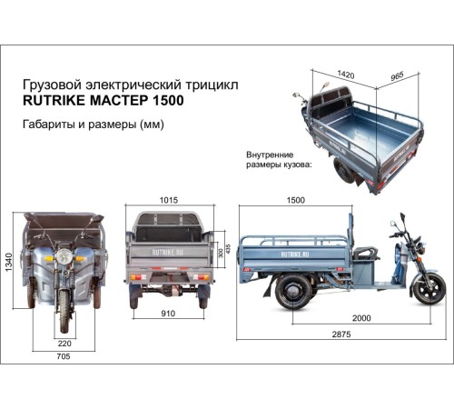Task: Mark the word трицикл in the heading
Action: click(x=215, y=83)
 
